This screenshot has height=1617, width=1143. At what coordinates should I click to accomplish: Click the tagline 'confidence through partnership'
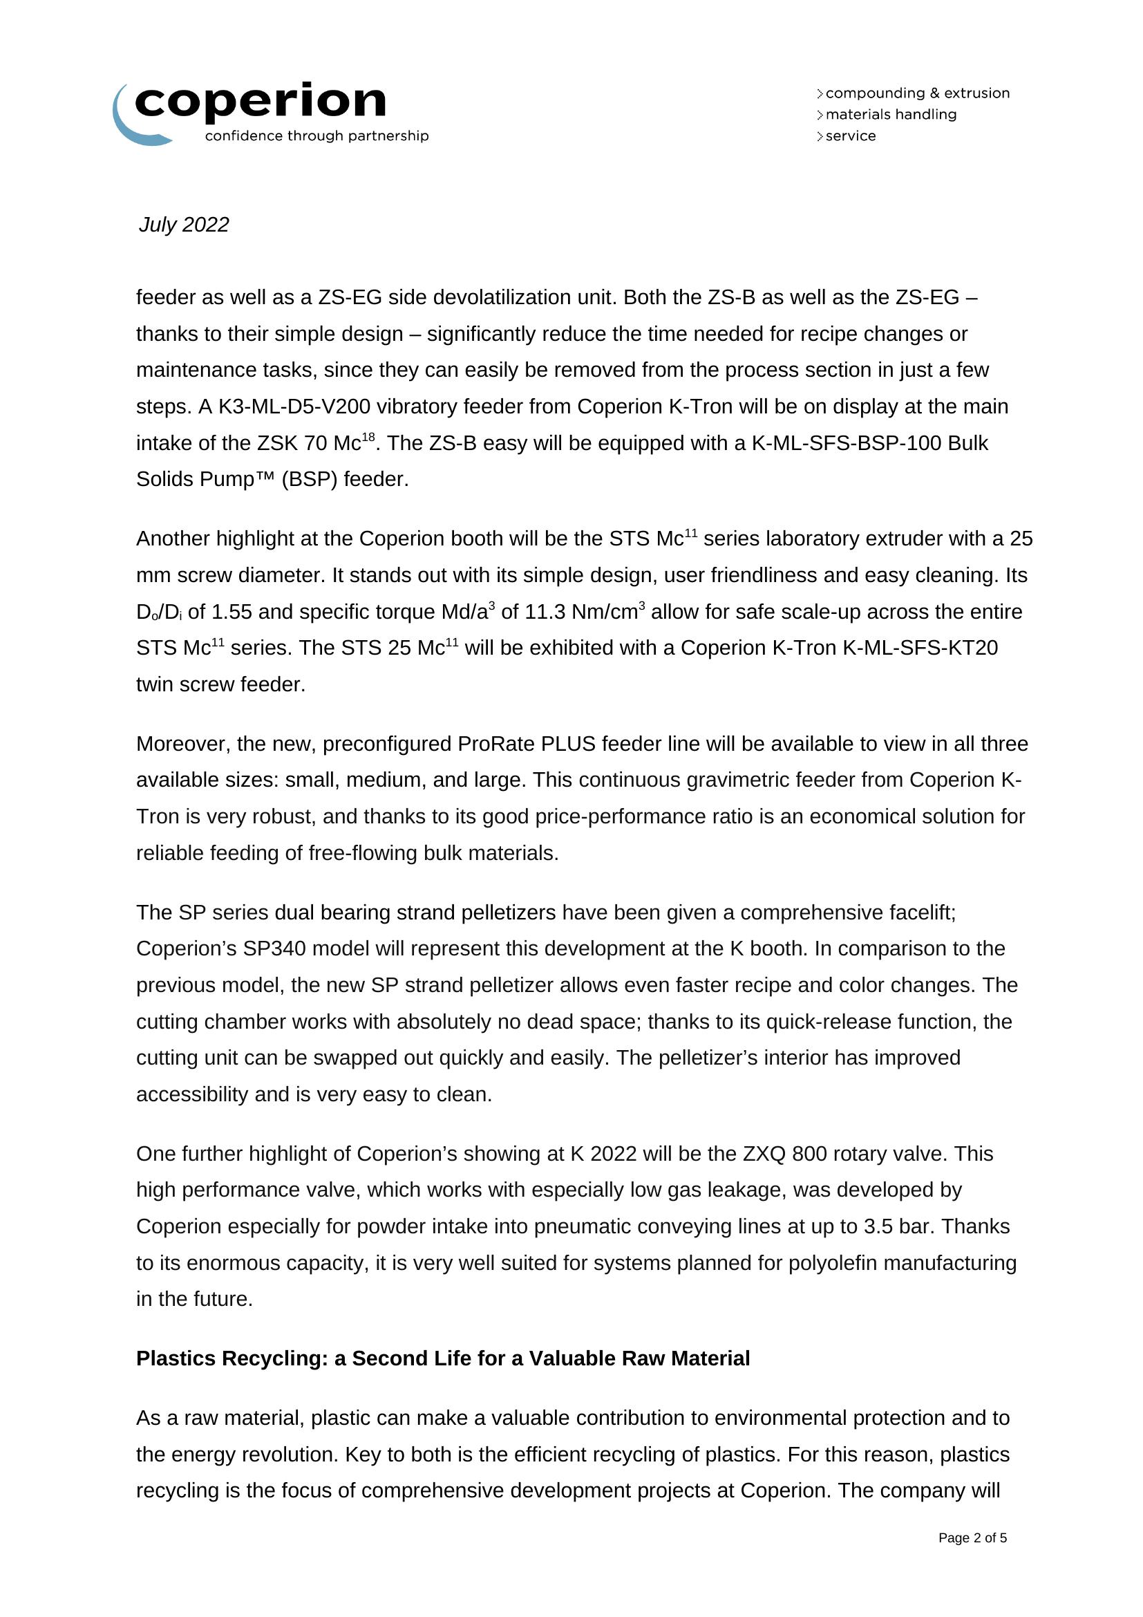click(x=317, y=136)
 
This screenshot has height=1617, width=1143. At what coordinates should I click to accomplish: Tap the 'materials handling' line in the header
click(x=890, y=114)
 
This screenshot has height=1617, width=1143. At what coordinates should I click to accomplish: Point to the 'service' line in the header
click(x=850, y=136)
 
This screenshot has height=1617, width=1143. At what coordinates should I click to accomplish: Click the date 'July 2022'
click(x=184, y=225)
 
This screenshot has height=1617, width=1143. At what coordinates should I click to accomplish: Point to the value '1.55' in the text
click(x=232, y=612)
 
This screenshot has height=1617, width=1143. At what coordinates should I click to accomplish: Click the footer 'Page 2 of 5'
click(x=973, y=1538)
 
